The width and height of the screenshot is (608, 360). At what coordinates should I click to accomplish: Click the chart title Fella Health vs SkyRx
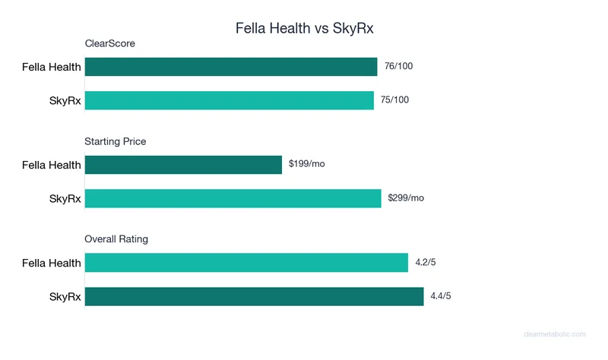(304, 29)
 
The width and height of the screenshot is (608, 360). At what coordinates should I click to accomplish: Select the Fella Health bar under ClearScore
(231, 67)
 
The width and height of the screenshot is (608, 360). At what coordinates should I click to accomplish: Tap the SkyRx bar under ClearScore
(230, 100)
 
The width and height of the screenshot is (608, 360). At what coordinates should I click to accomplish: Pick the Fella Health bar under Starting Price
(183, 165)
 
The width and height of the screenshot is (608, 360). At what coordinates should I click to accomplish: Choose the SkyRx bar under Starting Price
(233, 198)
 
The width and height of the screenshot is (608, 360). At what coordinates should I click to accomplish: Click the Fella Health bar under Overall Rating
(246, 263)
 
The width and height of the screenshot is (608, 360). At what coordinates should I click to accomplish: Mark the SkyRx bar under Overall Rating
(254, 296)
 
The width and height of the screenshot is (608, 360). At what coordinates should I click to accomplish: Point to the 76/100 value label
(399, 67)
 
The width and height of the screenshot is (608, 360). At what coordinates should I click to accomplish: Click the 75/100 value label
(396, 100)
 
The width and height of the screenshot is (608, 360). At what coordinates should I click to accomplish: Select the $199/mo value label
(307, 165)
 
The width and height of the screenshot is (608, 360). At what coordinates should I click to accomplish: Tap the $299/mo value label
(406, 198)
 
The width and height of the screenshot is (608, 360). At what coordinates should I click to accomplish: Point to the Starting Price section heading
(115, 141)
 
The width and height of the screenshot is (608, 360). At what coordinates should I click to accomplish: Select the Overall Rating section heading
(116, 239)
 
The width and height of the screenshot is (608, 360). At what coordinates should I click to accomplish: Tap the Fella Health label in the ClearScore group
(51, 67)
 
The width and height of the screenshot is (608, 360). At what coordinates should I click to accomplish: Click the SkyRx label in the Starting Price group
(65, 198)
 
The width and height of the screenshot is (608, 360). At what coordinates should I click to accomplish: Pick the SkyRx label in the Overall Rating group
(65, 296)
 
